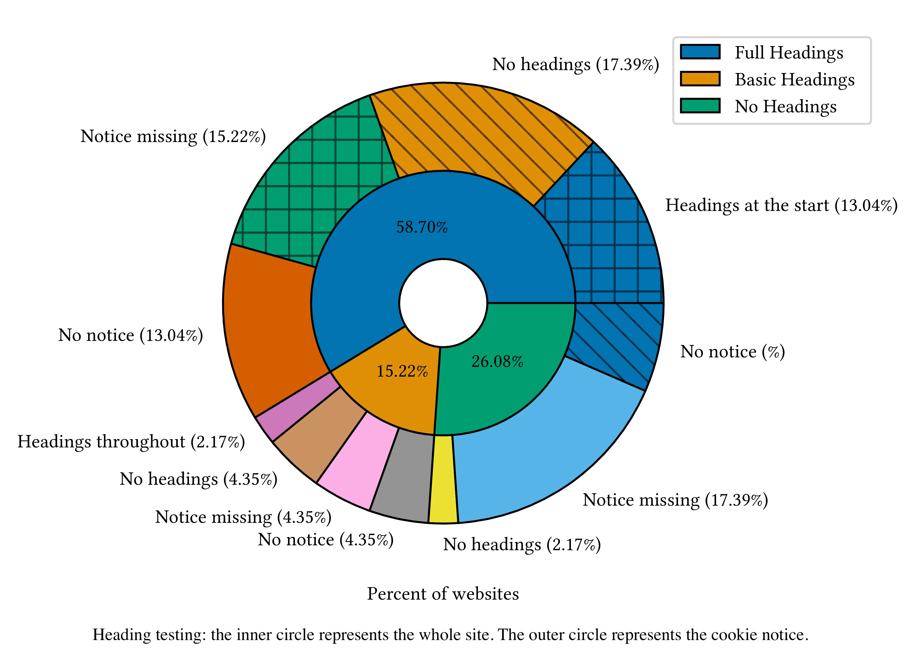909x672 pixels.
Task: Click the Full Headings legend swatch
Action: point(700,52)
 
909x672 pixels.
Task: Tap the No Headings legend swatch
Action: point(700,106)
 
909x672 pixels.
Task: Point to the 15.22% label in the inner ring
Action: point(402,371)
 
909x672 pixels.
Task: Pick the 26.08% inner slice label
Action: point(497,361)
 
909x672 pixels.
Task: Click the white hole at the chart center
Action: point(443,303)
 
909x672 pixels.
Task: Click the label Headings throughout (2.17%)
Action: point(131,442)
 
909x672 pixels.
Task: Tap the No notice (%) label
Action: point(732,352)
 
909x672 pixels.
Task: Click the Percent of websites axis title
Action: point(443,594)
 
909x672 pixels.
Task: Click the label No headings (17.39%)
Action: point(575,64)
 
